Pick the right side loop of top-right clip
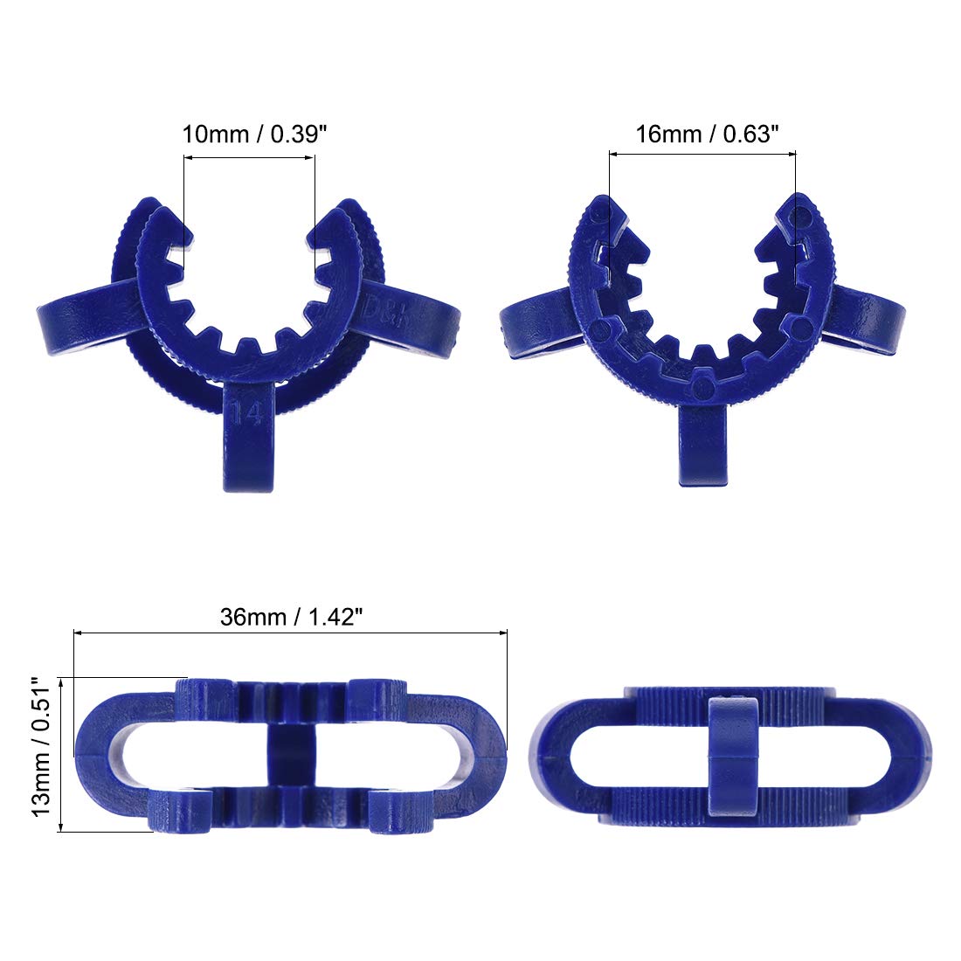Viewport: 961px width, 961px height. (865, 320)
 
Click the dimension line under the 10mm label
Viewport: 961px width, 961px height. (249, 157)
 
